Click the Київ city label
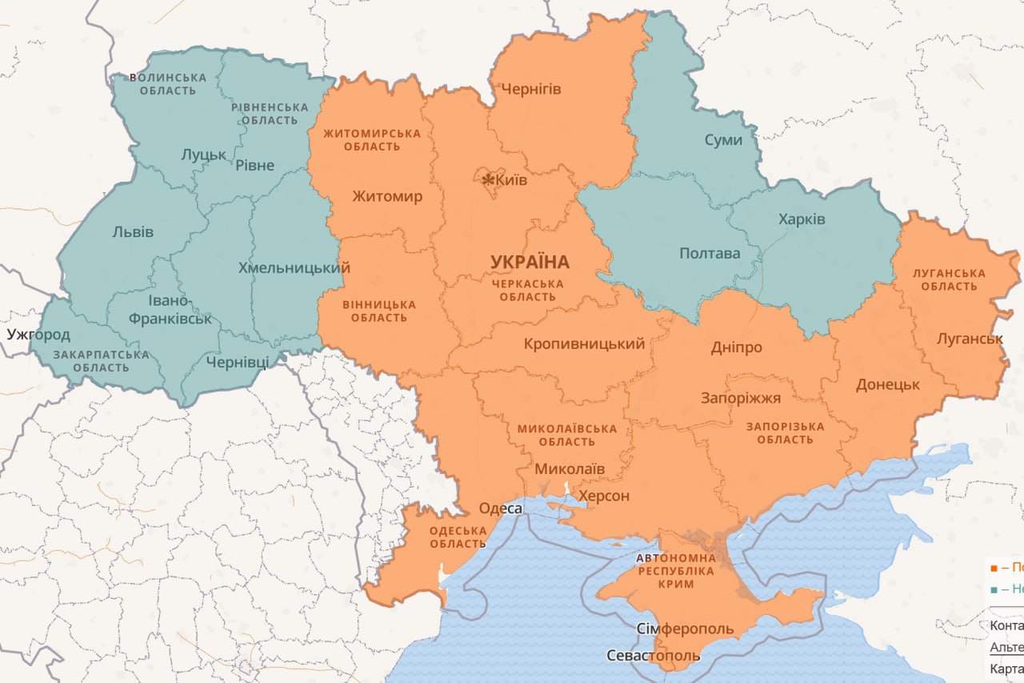[x=512, y=180]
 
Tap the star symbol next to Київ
[x=488, y=179]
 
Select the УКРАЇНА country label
[x=530, y=262]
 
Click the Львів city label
[x=133, y=232]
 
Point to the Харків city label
[x=802, y=219]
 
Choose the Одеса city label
[x=501, y=508]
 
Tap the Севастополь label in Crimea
[x=654, y=656]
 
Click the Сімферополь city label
[x=685, y=629]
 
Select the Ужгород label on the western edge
[x=38, y=334]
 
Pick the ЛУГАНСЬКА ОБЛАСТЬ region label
[x=949, y=279]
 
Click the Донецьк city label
[x=888, y=384]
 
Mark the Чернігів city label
[x=530, y=88]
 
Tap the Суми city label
[x=723, y=140]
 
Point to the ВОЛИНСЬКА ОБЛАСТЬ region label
[x=167, y=84]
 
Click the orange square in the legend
[x=994, y=568]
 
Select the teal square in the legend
[x=994, y=589]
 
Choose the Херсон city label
[x=604, y=496]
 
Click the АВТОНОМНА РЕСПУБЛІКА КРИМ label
[x=675, y=571]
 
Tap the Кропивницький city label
[x=584, y=344]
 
